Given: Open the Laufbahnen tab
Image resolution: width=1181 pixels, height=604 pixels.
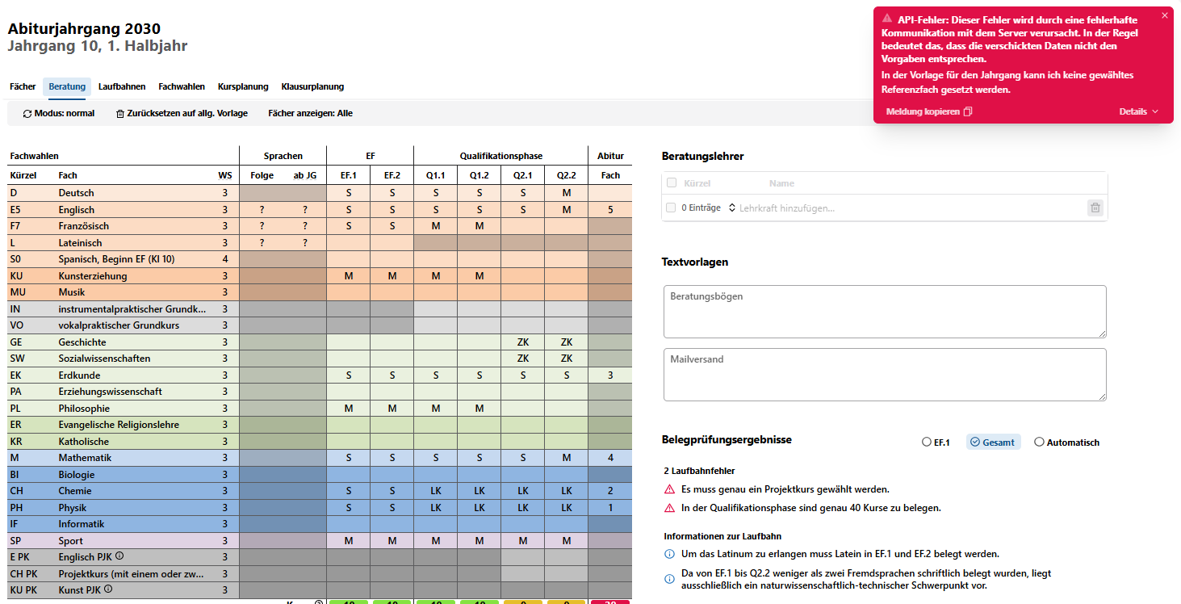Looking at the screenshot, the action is tap(122, 86).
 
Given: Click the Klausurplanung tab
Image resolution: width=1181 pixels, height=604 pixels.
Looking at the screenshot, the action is tap(312, 86).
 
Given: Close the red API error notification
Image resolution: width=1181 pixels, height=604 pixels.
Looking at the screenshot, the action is tap(1165, 16).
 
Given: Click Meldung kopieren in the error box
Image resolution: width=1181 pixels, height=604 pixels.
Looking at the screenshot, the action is tap(928, 111).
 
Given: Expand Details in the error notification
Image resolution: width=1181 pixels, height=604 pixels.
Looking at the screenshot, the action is tap(1138, 111).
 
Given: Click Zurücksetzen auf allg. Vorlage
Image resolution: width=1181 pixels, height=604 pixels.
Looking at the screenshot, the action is tap(182, 113).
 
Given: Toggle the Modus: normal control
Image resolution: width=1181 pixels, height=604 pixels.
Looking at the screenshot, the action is tap(58, 113).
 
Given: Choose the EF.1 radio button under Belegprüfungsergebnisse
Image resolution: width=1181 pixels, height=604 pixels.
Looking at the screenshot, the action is tap(927, 442).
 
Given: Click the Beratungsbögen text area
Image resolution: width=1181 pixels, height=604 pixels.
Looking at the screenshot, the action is tap(885, 312).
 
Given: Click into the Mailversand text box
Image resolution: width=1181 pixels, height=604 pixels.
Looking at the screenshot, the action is tap(885, 375).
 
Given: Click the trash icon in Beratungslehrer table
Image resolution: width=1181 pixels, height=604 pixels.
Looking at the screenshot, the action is tap(1095, 208).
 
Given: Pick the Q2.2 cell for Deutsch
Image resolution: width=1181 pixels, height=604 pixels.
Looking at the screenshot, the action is tap(566, 193).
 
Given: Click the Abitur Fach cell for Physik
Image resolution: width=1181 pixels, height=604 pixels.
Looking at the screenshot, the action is tap(610, 507).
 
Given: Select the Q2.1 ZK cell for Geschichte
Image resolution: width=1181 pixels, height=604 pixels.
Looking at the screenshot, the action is tap(523, 342).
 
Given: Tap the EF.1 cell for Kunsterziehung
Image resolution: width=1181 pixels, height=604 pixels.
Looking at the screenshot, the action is tap(349, 276).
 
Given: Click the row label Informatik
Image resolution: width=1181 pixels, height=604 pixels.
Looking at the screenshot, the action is tap(82, 524).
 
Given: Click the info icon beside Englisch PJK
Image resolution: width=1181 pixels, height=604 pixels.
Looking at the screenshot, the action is tap(119, 556).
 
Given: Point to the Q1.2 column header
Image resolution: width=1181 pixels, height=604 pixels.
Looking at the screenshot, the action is tap(480, 175).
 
